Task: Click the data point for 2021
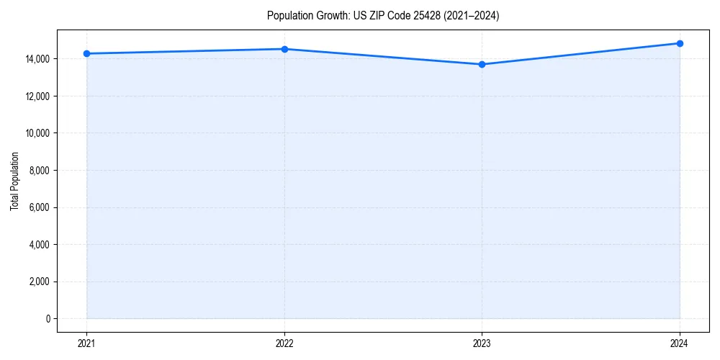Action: pyautogui.click(x=86, y=53)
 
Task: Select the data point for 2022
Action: pyautogui.click(x=284, y=49)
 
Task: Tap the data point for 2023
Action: pyautogui.click(x=482, y=64)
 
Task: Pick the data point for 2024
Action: pyautogui.click(x=680, y=43)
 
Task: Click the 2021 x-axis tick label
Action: pyautogui.click(x=86, y=343)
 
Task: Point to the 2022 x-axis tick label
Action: pyautogui.click(x=284, y=343)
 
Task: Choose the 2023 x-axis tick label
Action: pyautogui.click(x=482, y=343)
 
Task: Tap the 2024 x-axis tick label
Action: pyautogui.click(x=680, y=343)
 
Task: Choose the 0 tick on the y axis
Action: pyautogui.click(x=49, y=319)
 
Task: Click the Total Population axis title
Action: pyautogui.click(x=14, y=181)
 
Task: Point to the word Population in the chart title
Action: pyautogui.click(x=289, y=16)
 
